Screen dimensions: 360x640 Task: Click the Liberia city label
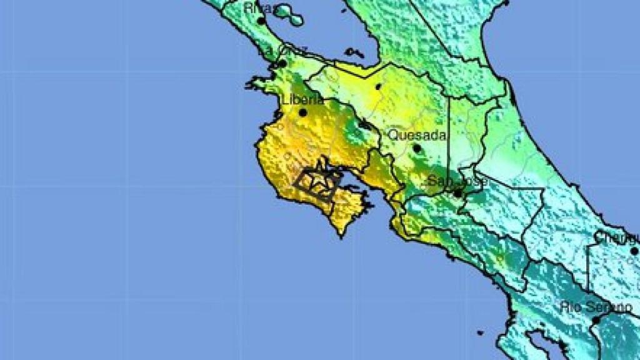tap(302, 100)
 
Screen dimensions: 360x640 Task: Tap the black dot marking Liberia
tap(303, 112)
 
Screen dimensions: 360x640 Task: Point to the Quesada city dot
tap(416, 148)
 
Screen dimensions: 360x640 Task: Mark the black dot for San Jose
tap(457, 194)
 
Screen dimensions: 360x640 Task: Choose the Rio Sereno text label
tap(596, 307)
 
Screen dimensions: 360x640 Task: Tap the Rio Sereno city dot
tap(596, 320)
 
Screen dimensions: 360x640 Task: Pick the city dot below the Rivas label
tap(261, 21)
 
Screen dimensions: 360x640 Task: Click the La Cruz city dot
tap(282, 63)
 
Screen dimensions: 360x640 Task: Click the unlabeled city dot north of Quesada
tap(377, 86)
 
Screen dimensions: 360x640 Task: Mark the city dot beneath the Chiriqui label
tap(634, 251)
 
